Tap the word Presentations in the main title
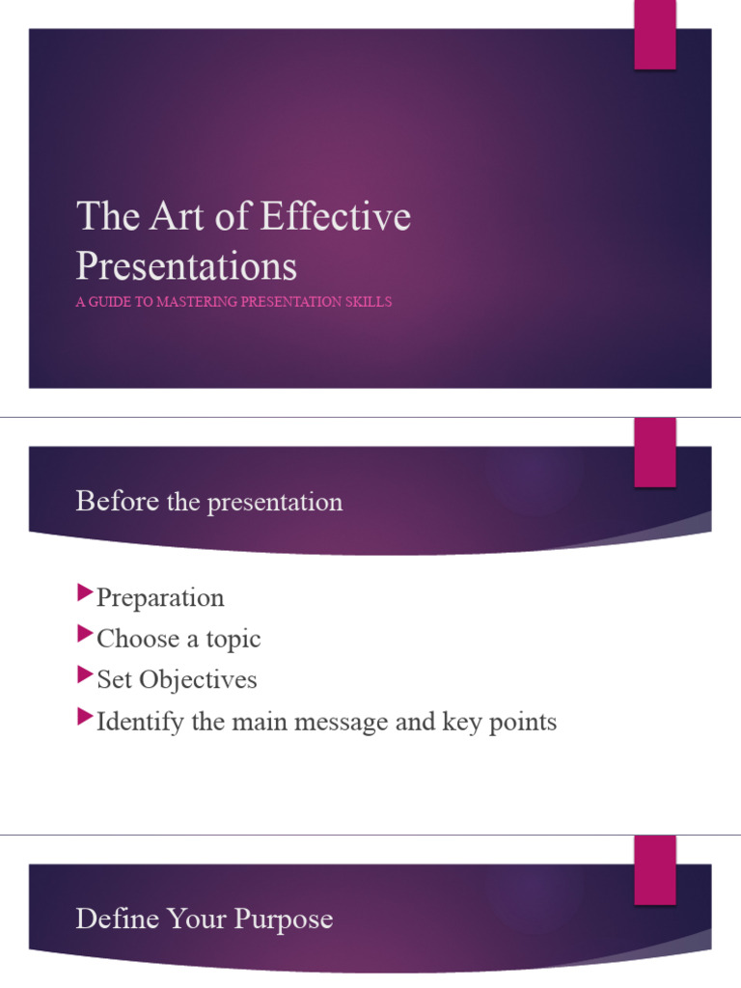(186, 265)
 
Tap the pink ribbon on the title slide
(654, 35)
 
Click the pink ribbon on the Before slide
(654, 453)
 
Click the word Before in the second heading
(118, 502)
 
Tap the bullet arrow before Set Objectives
(85, 673)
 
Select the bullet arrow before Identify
(85, 715)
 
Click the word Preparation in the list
(160, 598)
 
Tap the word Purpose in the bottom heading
(283, 919)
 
